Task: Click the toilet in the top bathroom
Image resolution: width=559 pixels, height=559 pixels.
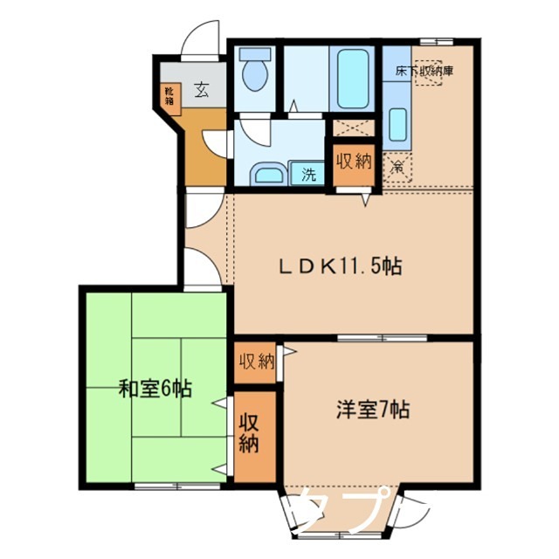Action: click(x=254, y=72)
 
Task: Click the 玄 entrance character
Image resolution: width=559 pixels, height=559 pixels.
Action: click(x=201, y=88)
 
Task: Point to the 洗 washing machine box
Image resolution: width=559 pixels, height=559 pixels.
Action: click(x=308, y=172)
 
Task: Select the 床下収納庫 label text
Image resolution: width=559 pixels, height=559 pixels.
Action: click(x=424, y=72)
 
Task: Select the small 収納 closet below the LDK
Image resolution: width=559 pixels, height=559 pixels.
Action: click(x=256, y=361)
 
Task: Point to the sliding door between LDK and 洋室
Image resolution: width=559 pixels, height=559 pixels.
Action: click(x=376, y=336)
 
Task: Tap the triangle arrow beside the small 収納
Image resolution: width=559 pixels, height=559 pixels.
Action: click(x=288, y=353)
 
